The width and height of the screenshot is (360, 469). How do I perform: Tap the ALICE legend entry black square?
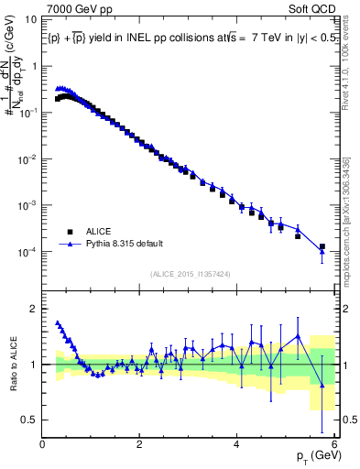(69, 232)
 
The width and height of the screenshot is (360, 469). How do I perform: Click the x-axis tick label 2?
(140, 444)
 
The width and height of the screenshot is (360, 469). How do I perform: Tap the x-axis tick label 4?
(237, 444)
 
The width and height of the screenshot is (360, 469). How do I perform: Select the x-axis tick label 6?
(333, 444)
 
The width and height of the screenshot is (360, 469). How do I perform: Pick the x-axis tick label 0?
(43, 444)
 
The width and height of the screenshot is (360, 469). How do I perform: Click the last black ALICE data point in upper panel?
(322, 246)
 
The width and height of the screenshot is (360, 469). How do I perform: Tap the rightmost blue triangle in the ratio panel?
(322, 385)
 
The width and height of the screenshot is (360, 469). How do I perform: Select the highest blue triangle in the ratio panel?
(58, 322)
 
